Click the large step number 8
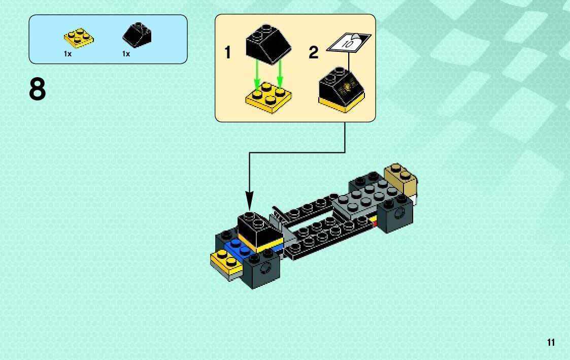pyautogui.click(x=38, y=90)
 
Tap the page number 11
pyautogui.click(x=551, y=343)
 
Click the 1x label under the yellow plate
pyautogui.click(x=68, y=54)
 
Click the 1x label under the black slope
pyautogui.click(x=126, y=54)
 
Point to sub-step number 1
pyautogui.click(x=228, y=52)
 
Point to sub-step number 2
pyautogui.click(x=314, y=52)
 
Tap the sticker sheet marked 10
pyautogui.click(x=349, y=43)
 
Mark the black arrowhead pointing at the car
pyautogui.click(x=249, y=199)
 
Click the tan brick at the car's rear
pyautogui.click(x=401, y=179)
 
